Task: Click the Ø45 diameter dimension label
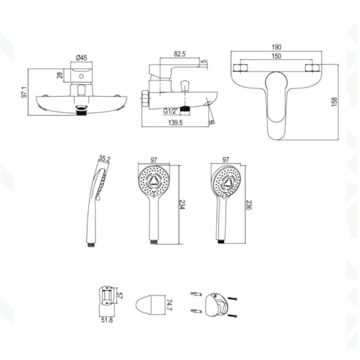pos(81,58)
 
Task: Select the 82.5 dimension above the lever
pos(179,54)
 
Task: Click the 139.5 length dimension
pos(175,123)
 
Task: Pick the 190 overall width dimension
pos(276,47)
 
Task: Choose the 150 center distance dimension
pos(276,56)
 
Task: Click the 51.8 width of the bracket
pos(107,319)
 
